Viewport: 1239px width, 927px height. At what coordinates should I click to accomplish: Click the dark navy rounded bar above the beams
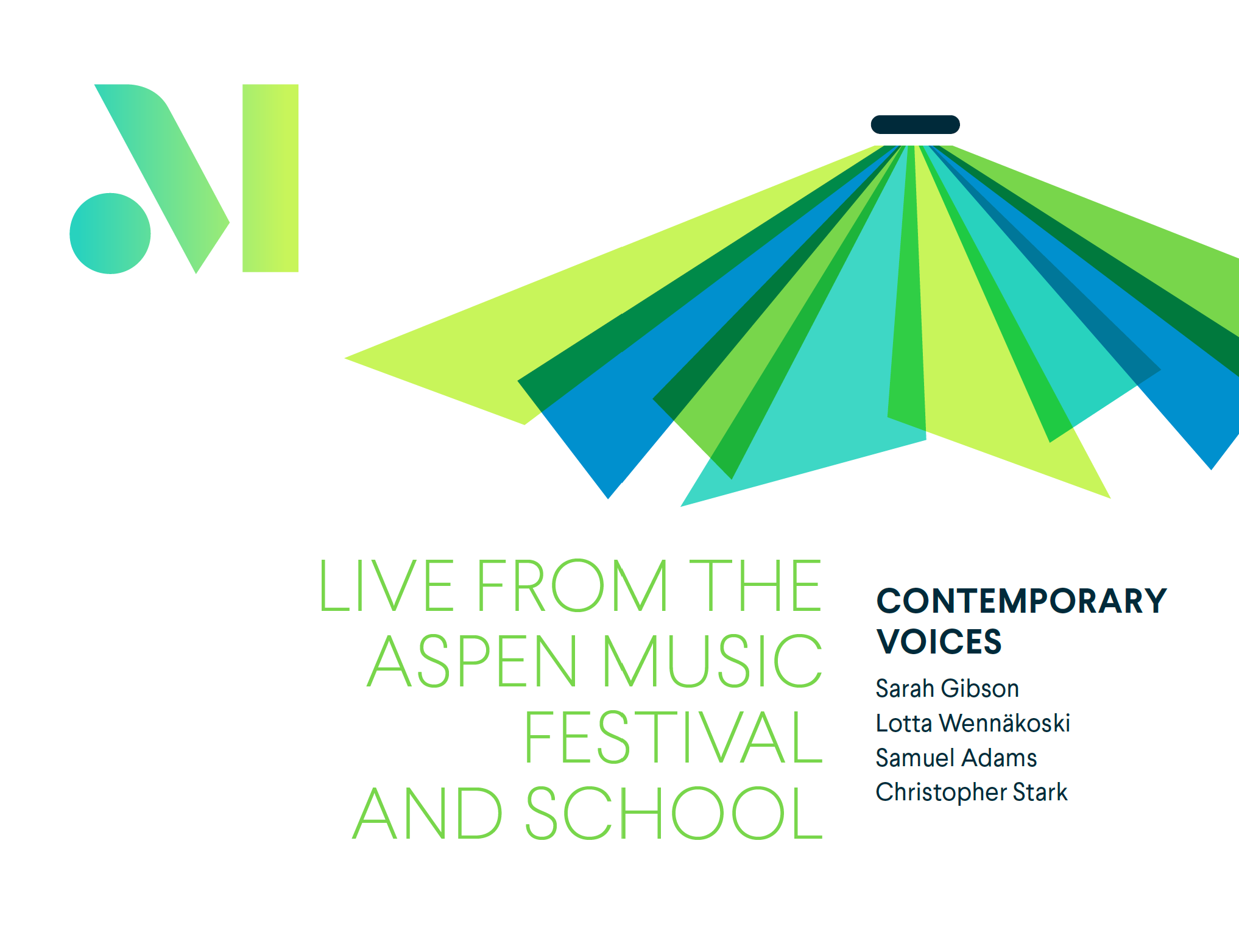click(x=915, y=124)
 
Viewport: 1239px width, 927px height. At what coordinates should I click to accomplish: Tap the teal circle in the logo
click(x=110, y=233)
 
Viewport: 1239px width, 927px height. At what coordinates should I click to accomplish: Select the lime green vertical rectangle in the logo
click(x=270, y=178)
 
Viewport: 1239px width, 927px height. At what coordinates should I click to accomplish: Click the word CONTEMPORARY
click(x=1022, y=601)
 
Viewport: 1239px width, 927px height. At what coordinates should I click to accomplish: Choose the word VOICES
click(x=939, y=641)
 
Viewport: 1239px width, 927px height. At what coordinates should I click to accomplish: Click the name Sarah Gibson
click(x=947, y=689)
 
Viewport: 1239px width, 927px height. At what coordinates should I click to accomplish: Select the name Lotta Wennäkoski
click(x=973, y=724)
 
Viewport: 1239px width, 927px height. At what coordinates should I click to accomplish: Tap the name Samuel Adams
click(x=956, y=758)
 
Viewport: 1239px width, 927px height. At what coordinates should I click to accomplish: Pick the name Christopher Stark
click(x=972, y=792)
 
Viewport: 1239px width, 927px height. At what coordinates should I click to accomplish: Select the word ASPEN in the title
click(x=472, y=661)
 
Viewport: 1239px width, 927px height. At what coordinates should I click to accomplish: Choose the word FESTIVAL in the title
click(x=674, y=737)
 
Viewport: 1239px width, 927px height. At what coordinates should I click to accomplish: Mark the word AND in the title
click(x=427, y=812)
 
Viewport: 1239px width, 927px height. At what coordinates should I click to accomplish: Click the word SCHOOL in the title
click(x=674, y=812)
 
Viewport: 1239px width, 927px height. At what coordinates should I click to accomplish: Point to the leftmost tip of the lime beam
click(x=345, y=358)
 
